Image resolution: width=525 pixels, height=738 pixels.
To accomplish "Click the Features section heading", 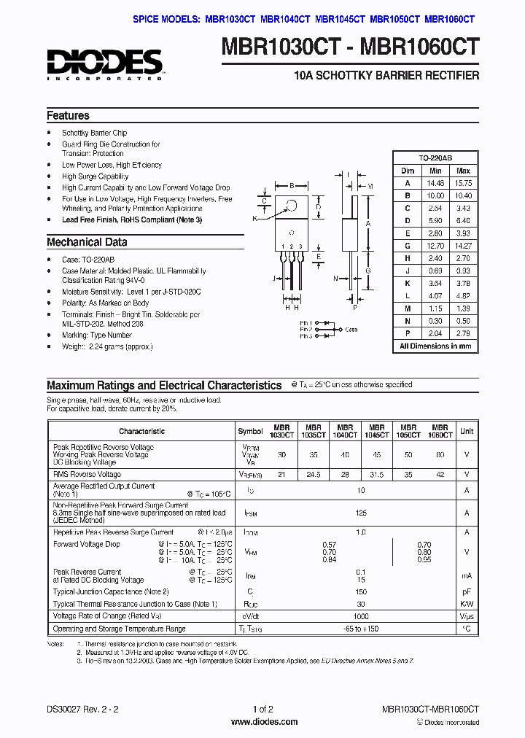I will pos(68,116).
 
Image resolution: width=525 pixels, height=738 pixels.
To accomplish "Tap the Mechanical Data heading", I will pos(87,242).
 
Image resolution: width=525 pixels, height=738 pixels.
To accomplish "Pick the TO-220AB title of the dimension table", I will pos(435,158).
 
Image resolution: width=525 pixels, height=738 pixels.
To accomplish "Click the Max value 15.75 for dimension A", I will pos(463,183).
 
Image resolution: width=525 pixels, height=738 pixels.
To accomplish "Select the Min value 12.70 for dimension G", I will pos(435,246).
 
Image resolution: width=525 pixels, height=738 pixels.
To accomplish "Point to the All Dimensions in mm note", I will pos(435,346).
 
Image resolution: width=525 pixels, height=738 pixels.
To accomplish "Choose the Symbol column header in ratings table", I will pos(250,431).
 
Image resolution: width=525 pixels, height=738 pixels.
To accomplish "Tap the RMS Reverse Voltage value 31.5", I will pos(376,475).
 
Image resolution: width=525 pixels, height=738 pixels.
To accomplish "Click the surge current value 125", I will pos(360,513).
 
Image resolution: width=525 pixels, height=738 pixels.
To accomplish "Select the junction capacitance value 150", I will pos(360,591).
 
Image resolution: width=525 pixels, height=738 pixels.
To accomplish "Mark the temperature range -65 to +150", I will pos(360,629).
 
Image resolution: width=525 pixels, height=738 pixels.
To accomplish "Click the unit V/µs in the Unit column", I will pos(467,616).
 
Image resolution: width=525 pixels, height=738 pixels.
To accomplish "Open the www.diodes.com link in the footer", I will pos(262,722).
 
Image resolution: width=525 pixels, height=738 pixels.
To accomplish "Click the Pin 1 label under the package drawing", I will pos(306,322).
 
